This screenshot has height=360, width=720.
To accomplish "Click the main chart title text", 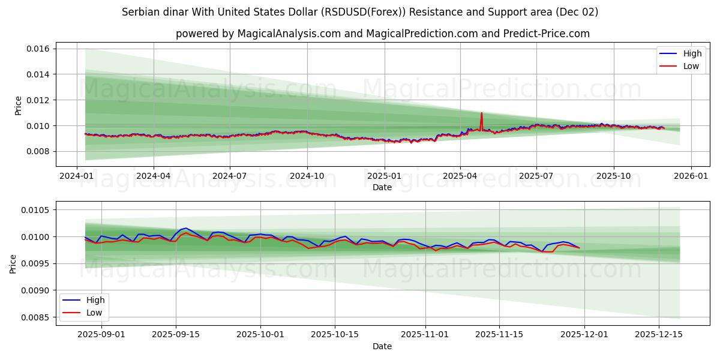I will tap(360, 12).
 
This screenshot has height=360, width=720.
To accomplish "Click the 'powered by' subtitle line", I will tap(382, 34).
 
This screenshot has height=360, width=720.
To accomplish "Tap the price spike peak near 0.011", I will tap(481, 113).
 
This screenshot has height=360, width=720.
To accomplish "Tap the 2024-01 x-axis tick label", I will tap(77, 176).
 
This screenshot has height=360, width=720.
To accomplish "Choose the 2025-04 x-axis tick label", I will tap(460, 176).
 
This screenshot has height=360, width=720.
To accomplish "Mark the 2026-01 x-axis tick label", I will tap(691, 176).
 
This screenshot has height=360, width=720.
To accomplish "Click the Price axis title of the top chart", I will tap(18, 106).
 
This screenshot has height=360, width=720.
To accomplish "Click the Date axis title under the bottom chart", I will tap(382, 346).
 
